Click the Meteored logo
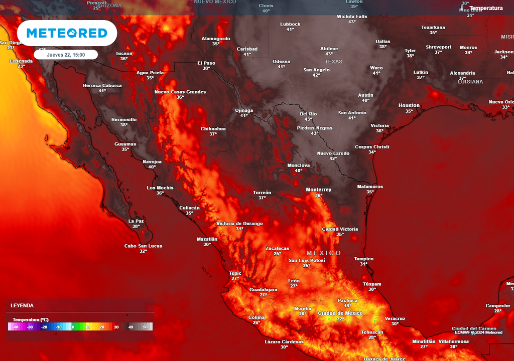pos(67,33)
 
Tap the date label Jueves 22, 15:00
pos(66,55)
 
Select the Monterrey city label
pos(319,190)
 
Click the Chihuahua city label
pos(213,128)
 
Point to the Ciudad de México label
pos(340,313)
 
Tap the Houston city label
pos(409,105)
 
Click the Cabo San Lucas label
pos(143,246)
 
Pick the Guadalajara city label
pos(263,289)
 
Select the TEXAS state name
pos(333,62)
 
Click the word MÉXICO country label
pos(324,253)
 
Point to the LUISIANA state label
pos(470,81)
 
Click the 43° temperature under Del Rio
pos(308,119)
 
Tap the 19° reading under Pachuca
pos(347,305)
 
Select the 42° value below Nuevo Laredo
pos(333,158)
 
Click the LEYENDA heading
pos(22,305)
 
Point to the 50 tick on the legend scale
pos(146,327)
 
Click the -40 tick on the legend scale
pos(16,327)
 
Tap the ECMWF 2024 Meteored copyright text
pos(478,332)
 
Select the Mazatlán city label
pos(207,239)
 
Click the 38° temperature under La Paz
pos(136,226)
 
